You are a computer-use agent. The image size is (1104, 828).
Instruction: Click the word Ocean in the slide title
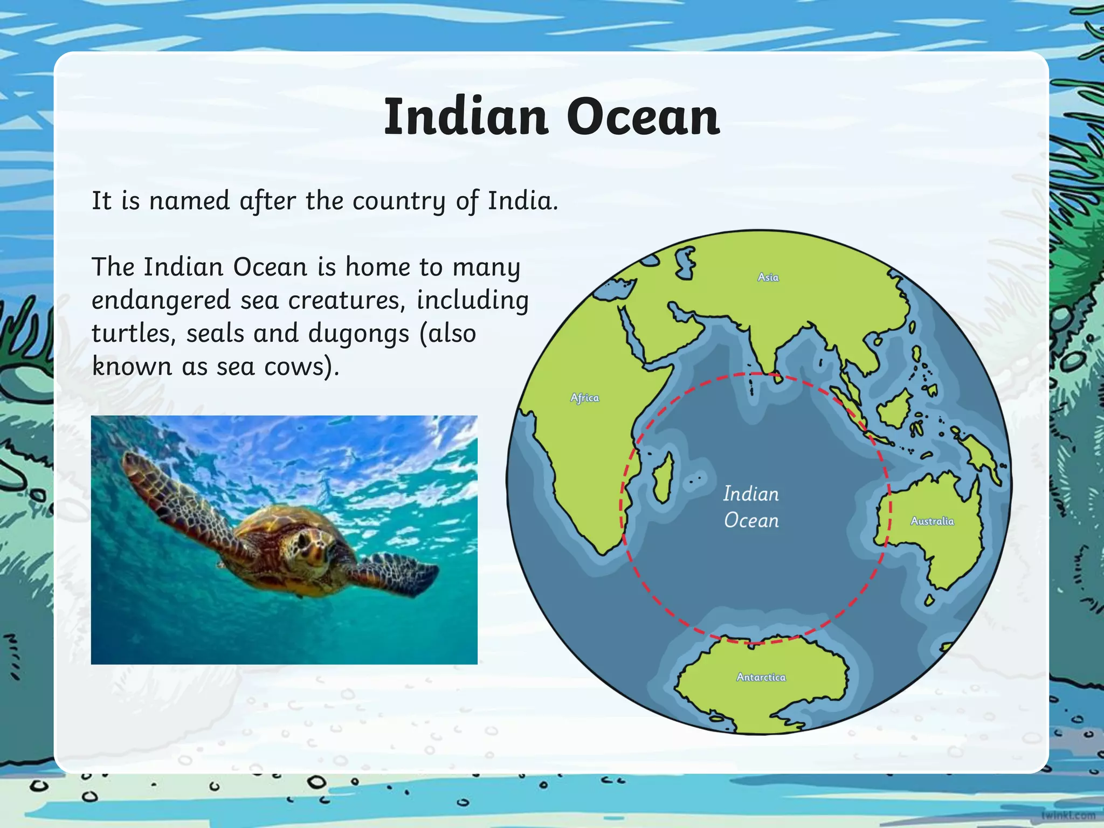tap(643, 117)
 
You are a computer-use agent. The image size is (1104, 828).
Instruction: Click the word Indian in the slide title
tap(466, 117)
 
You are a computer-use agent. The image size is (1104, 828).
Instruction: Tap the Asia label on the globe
tap(768, 277)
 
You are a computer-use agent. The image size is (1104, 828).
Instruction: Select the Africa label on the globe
tap(585, 398)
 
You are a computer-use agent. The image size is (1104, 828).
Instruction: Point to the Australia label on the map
tap(932, 521)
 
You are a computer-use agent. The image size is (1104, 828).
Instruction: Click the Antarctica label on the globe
tap(761, 677)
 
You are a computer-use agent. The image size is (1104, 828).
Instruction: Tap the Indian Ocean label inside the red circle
tap(751, 507)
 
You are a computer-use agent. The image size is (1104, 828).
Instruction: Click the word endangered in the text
tap(161, 300)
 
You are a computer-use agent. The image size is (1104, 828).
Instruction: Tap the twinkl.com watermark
tap(1068, 816)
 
